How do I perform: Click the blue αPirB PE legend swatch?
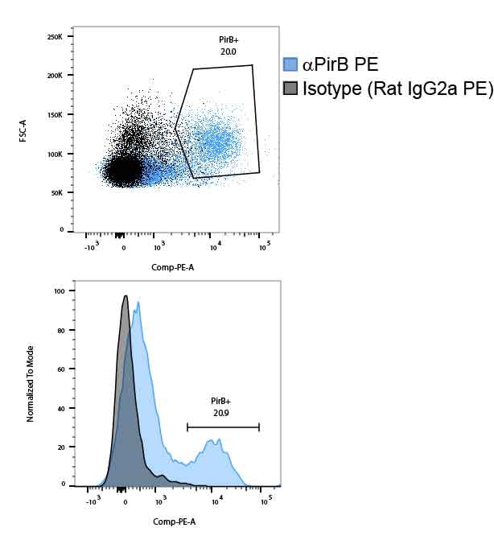(291, 65)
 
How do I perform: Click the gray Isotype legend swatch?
(291, 88)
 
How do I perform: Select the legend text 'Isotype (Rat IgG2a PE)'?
(397, 89)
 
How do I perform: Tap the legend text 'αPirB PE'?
(340, 65)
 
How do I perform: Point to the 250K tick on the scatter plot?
(55, 37)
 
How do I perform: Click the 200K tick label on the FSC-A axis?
(55, 75)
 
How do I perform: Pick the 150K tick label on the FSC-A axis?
(55, 114)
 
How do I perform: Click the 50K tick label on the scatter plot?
(56, 192)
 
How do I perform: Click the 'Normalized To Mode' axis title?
(30, 385)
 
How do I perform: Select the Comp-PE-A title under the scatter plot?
(172, 266)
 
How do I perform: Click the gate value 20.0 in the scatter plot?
(228, 51)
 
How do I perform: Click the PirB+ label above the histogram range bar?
(222, 400)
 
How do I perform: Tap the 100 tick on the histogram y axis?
(59, 291)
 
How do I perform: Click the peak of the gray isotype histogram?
(126, 296)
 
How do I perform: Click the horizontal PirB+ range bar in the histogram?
(223, 427)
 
